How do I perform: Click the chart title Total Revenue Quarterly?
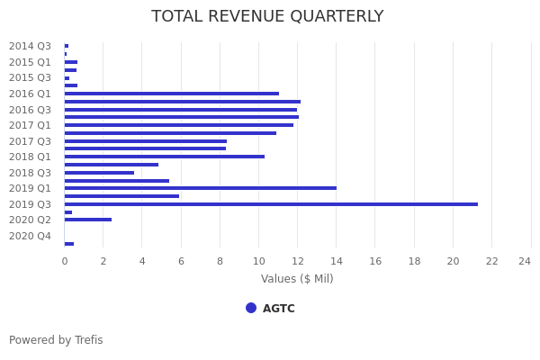(x=267, y=16)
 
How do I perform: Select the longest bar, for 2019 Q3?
(x=270, y=204)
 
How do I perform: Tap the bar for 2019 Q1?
(x=200, y=188)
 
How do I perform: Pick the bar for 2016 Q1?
(x=171, y=94)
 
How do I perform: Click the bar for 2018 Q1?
(x=164, y=157)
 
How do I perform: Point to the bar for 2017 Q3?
(x=145, y=141)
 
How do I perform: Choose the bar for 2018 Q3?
(x=99, y=173)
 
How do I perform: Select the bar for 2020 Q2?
(x=87, y=220)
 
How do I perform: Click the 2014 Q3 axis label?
(x=30, y=46)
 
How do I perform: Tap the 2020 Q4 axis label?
(x=30, y=236)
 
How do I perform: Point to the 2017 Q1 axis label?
(x=30, y=125)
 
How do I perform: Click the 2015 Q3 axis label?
(x=30, y=77)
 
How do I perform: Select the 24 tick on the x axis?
(x=525, y=261)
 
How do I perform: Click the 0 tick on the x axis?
(x=64, y=261)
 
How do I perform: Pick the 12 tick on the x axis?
(x=297, y=261)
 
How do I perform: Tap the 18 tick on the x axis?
(x=414, y=261)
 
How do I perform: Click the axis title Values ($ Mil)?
(x=297, y=279)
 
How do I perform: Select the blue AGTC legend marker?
(x=251, y=308)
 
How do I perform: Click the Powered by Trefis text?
(x=56, y=340)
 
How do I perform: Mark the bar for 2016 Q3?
(x=180, y=110)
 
